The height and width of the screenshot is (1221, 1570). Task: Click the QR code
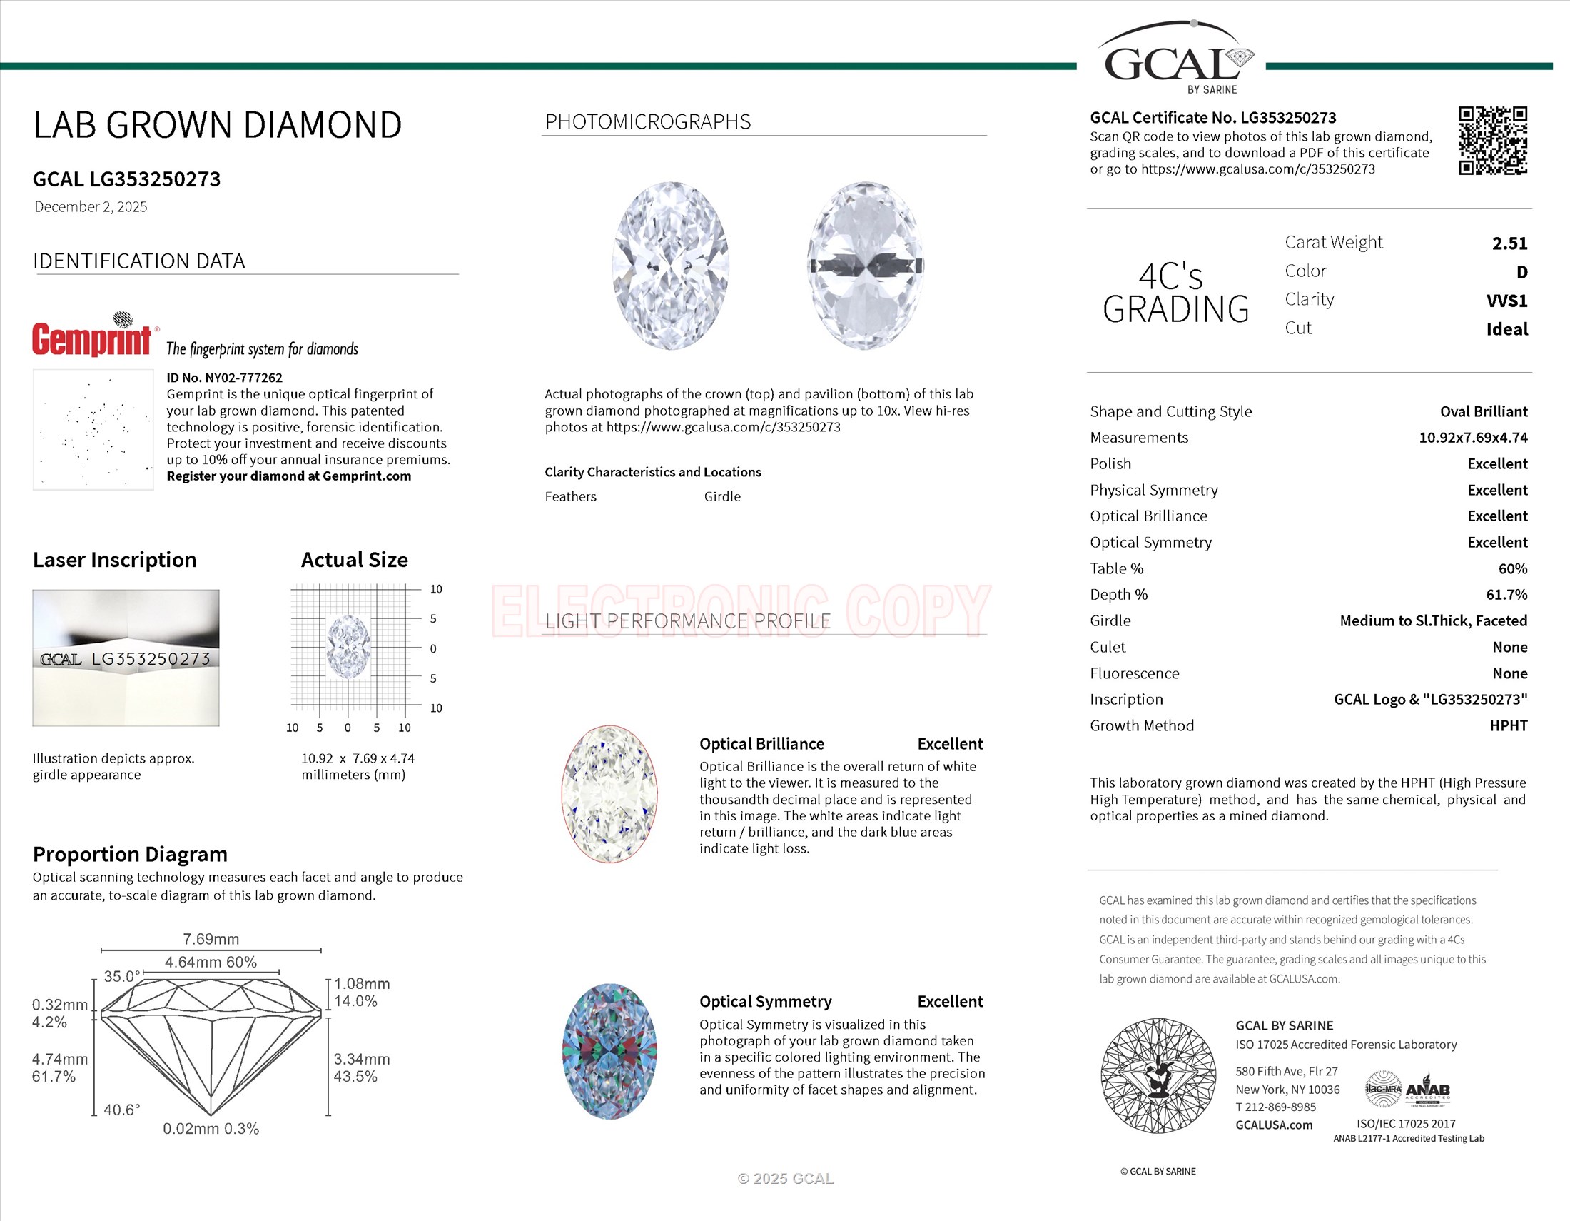pos(1492,141)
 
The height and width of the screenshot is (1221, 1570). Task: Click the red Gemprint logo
pos(92,338)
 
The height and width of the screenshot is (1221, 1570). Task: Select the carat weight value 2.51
pos(1509,243)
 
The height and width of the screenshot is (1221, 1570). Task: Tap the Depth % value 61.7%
pos(1506,595)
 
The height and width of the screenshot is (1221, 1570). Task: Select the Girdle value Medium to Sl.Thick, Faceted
pos(1433,620)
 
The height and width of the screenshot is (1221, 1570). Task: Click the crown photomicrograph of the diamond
pos(671,266)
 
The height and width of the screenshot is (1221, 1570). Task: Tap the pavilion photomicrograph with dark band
pos(866,266)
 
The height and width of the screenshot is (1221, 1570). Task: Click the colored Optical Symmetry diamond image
pos(609,1050)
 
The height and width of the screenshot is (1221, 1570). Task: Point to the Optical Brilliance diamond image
pos(609,793)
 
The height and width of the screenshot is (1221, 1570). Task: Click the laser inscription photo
pos(126,657)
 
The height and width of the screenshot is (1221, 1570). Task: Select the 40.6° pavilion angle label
pos(121,1110)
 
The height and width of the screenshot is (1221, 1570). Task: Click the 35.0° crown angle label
pos(121,977)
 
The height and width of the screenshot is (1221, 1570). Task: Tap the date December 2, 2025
pos(91,207)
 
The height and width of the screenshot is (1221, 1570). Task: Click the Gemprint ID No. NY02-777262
pos(224,378)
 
